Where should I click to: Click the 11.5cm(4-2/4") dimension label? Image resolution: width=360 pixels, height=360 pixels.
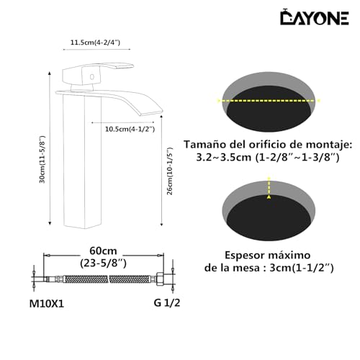pos(96,42)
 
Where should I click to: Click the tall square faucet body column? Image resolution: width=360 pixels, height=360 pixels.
pos(79,166)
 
